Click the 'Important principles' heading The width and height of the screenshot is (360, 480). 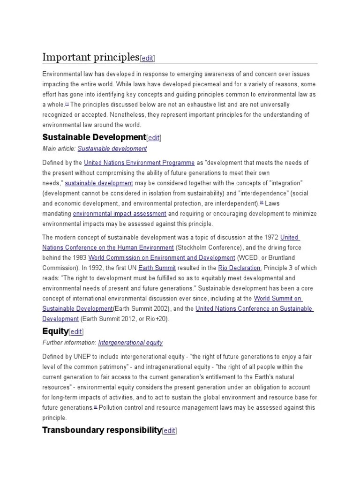coord(91,57)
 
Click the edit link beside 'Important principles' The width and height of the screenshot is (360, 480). coord(147,58)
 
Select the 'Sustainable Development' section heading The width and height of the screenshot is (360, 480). coord(94,137)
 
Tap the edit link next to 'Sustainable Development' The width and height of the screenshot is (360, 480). coord(154,138)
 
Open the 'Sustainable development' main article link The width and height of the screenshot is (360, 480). coord(112,149)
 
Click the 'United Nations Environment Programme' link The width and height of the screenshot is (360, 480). coord(139,163)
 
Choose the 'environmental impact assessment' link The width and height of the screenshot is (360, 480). coord(120,214)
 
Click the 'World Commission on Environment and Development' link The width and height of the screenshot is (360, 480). coord(162,258)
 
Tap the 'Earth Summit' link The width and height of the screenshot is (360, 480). coord(161,268)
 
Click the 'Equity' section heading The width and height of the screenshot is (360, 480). coord(55,331)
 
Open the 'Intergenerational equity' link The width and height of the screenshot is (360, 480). coord(130,343)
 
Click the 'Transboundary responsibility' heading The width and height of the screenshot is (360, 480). coord(102,430)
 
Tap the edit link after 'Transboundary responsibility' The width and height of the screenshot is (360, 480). coord(169,431)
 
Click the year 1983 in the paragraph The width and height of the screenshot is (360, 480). coord(79,258)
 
